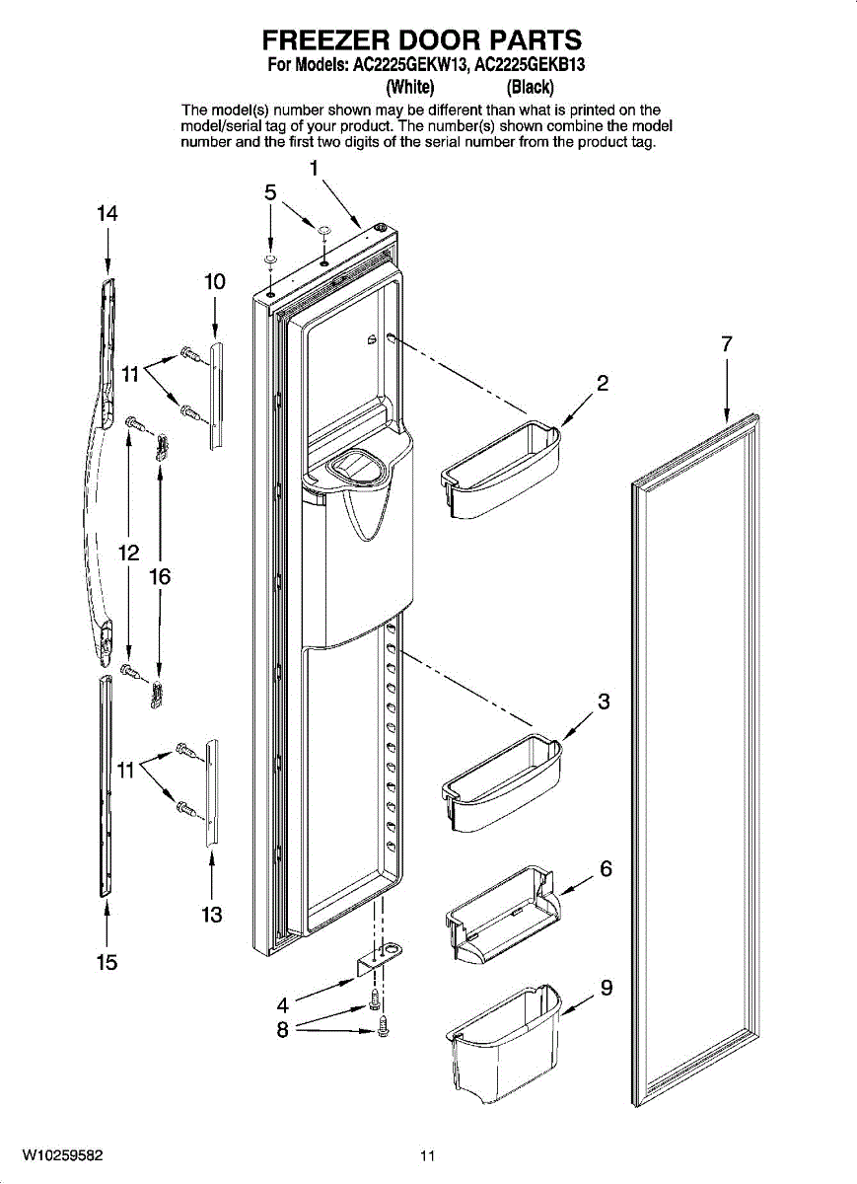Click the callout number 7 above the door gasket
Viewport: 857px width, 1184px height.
(727, 344)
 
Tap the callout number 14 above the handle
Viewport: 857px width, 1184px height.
(107, 213)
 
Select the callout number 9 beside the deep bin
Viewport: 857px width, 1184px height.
(607, 987)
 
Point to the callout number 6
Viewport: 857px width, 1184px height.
(606, 868)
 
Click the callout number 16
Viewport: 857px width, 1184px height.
(160, 577)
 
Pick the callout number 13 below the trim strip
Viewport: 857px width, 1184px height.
(211, 915)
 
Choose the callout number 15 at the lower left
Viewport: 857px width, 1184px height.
(107, 962)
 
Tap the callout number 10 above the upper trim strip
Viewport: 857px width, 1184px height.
(215, 281)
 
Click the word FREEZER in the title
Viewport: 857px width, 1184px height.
(323, 40)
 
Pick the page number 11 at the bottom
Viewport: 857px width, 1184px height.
(426, 1156)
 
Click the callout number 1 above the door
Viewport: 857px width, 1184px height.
(314, 168)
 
